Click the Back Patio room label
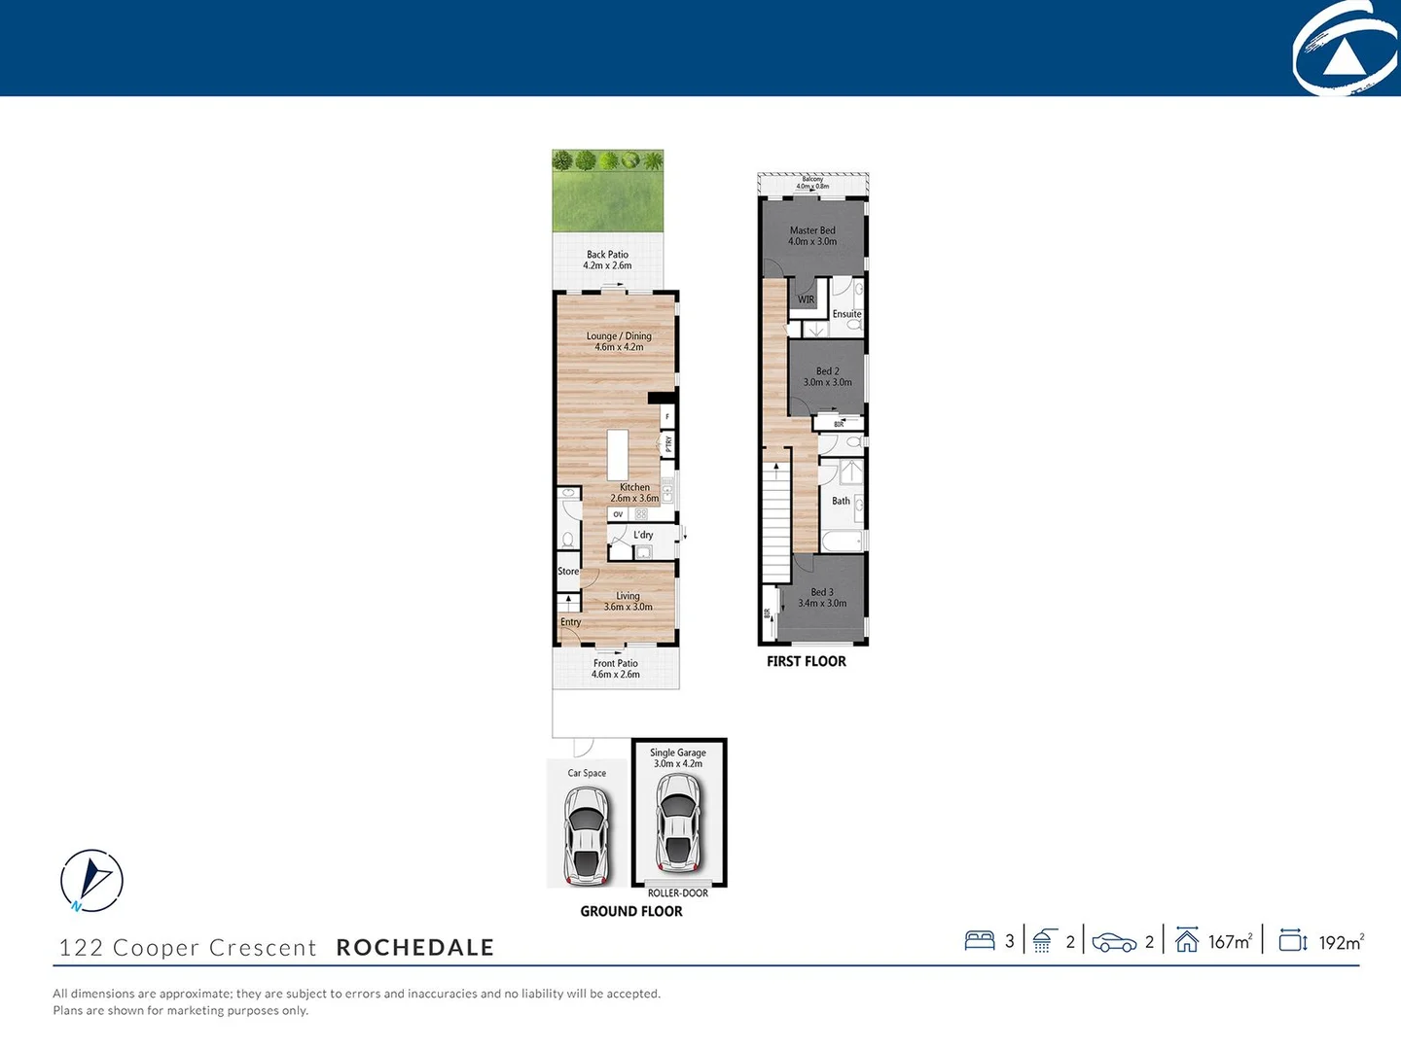click(607, 260)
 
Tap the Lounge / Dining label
click(619, 341)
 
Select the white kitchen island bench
click(619, 454)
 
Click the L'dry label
click(643, 535)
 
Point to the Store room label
click(568, 572)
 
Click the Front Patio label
click(616, 669)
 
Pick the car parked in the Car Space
click(587, 835)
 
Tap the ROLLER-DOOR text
click(678, 893)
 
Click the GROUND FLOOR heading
click(631, 912)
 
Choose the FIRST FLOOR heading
click(807, 662)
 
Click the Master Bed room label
click(812, 236)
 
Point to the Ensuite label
click(846, 314)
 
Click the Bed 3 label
click(822, 598)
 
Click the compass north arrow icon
click(92, 880)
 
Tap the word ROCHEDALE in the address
click(415, 948)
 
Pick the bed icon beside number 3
click(980, 941)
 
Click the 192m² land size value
click(1341, 943)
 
